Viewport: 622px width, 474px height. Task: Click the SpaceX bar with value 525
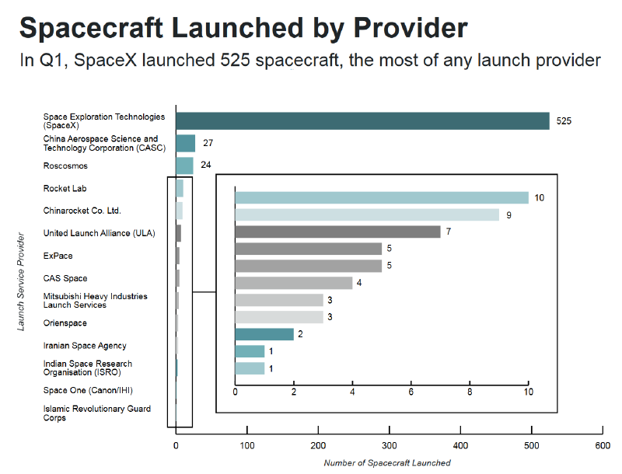tap(362, 120)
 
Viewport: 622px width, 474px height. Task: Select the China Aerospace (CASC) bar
tap(185, 143)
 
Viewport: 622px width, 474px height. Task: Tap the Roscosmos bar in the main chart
tap(184, 166)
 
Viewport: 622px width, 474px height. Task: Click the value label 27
tap(208, 143)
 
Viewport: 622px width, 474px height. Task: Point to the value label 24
tap(205, 166)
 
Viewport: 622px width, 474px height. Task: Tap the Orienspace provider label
tap(65, 323)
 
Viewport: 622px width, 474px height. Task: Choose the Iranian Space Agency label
tap(85, 346)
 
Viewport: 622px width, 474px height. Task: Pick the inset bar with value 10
tap(381, 197)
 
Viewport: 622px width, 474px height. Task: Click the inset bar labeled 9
tap(366, 214)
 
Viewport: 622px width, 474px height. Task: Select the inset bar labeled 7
tap(337, 232)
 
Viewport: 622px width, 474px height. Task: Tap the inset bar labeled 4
tap(293, 283)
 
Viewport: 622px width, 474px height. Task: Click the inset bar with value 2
tap(264, 334)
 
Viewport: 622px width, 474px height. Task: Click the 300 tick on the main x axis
tap(389, 446)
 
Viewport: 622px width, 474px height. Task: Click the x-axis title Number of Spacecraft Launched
tap(386, 463)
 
